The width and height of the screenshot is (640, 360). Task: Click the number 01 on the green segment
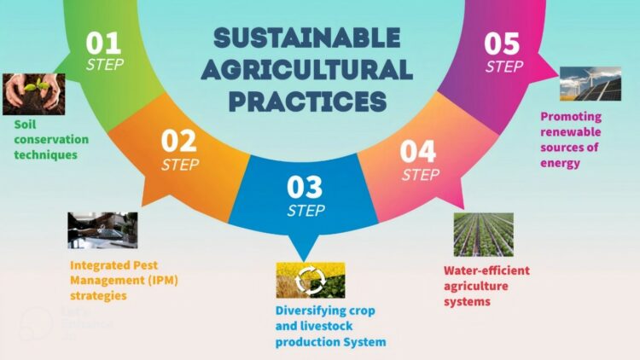pyautogui.click(x=103, y=44)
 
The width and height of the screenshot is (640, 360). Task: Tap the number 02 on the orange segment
pyautogui.click(x=179, y=142)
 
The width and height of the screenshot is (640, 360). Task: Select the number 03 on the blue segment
pyautogui.click(x=305, y=187)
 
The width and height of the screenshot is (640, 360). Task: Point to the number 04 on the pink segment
pyautogui.click(x=418, y=152)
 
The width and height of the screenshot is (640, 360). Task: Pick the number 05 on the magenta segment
pyautogui.click(x=502, y=44)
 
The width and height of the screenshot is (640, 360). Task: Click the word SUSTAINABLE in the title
pyautogui.click(x=307, y=38)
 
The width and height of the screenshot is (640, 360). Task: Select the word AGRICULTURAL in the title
pyautogui.click(x=307, y=69)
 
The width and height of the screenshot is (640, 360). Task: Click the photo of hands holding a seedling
pyautogui.click(x=34, y=95)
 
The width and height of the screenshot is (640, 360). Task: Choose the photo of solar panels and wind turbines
pyautogui.click(x=591, y=84)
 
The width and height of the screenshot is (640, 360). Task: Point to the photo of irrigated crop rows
pyautogui.click(x=484, y=235)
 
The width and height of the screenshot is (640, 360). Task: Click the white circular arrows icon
pyautogui.click(x=311, y=280)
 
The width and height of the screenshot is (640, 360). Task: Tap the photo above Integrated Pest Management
pyautogui.click(x=102, y=230)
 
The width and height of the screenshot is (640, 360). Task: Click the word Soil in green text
pyautogui.click(x=25, y=124)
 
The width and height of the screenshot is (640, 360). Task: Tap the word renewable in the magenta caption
pyautogui.click(x=571, y=132)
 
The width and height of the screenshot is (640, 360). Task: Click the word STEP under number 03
pyautogui.click(x=306, y=211)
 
